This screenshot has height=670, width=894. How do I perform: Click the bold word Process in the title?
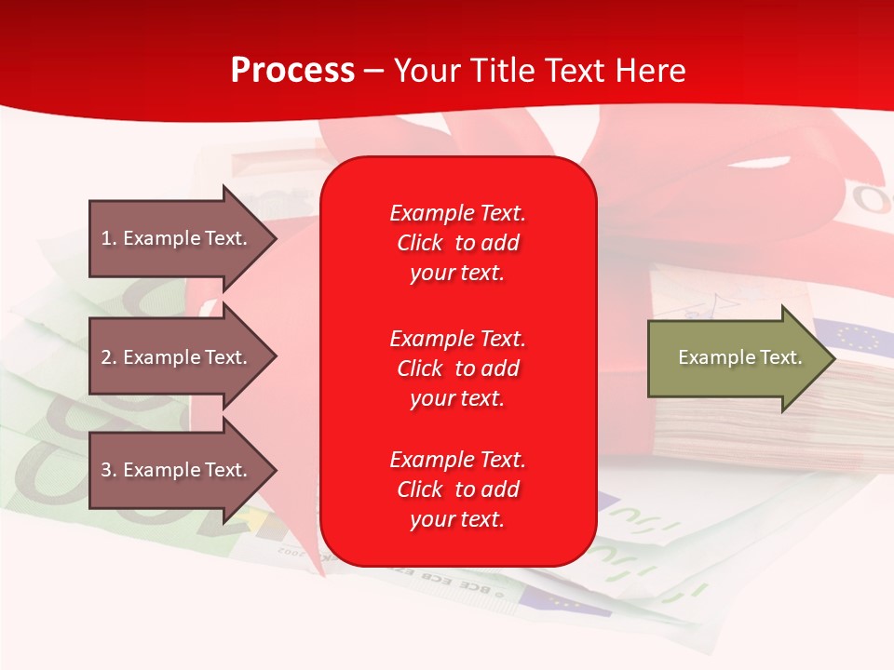tap(292, 70)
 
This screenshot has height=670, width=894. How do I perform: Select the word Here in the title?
tap(651, 70)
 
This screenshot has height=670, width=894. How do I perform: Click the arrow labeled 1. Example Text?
tap(177, 238)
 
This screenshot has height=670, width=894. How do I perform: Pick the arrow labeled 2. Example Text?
tap(177, 357)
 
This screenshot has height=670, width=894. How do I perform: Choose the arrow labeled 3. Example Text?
tap(177, 470)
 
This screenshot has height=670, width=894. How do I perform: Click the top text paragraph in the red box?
tap(457, 243)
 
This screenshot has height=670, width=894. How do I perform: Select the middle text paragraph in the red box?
tap(457, 368)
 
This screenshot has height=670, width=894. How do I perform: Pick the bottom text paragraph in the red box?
tap(457, 489)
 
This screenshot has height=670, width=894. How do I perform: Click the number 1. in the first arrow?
tap(109, 238)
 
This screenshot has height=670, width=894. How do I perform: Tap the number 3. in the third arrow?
tap(109, 470)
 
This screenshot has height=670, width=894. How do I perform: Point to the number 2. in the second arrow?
tap(109, 357)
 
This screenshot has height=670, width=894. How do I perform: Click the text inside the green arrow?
tap(739, 357)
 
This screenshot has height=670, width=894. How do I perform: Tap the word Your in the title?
tap(427, 70)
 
